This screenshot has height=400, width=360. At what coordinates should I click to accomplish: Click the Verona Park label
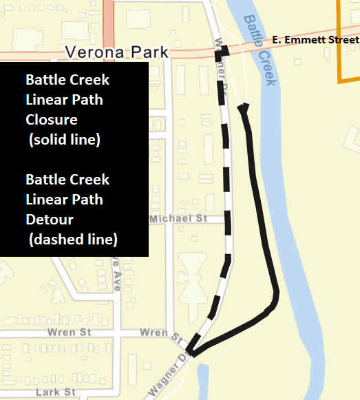tap(116, 53)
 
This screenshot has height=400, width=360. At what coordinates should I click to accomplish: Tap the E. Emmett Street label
tap(315, 41)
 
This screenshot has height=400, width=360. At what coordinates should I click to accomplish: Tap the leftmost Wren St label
tap(66, 333)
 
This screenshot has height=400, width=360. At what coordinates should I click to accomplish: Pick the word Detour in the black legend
tap(50, 219)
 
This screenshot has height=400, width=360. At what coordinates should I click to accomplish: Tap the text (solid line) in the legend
tap(65, 140)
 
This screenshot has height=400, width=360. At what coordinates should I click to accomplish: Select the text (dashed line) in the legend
tap(73, 240)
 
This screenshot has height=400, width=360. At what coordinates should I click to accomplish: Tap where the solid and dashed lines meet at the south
tap(192, 354)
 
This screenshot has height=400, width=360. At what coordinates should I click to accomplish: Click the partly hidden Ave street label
tap(117, 275)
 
